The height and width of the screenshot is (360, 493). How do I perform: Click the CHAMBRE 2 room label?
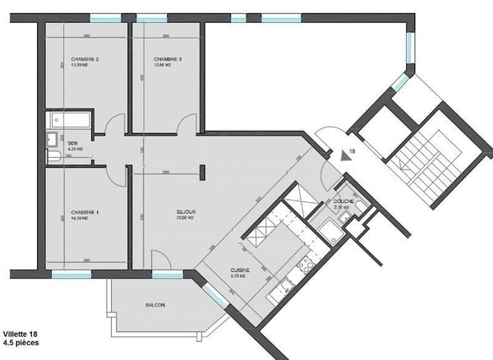coord(85,60)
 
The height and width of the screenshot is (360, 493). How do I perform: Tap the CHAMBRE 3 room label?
coord(167,60)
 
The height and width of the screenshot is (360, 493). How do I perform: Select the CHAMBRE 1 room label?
coord(85,212)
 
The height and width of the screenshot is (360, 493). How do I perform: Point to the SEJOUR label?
coord(187,212)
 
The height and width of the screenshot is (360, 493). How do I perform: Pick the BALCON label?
coord(155,306)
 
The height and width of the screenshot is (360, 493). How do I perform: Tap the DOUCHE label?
coord(343,201)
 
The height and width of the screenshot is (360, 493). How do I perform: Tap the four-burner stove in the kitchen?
coord(305,265)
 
